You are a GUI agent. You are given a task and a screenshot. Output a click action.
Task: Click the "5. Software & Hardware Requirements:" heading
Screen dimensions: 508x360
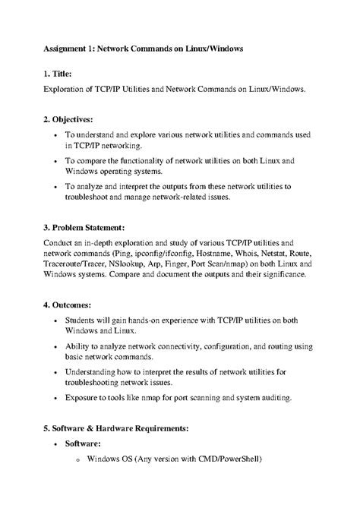click(x=122, y=428)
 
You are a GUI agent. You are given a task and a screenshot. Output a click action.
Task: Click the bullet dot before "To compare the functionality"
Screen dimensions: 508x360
click(x=58, y=161)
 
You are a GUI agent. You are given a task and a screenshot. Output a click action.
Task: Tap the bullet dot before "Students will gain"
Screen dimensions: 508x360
click(x=58, y=321)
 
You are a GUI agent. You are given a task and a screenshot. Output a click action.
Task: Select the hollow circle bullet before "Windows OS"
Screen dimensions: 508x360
click(x=77, y=459)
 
